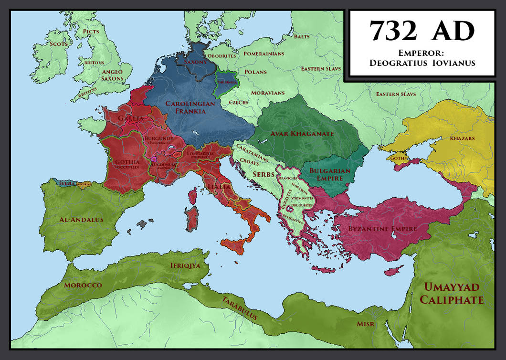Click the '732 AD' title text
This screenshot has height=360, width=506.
point(422,31)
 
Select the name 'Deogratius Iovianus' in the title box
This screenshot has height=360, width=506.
point(422,63)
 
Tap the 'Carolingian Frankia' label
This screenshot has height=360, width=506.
point(186,107)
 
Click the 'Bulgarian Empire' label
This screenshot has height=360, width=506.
point(330,174)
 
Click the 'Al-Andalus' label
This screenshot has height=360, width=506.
point(81,220)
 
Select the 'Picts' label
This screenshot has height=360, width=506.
point(90,32)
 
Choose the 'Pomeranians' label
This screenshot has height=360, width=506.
point(264,54)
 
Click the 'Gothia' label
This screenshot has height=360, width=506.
point(127,162)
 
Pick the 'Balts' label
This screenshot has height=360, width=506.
point(301,36)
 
